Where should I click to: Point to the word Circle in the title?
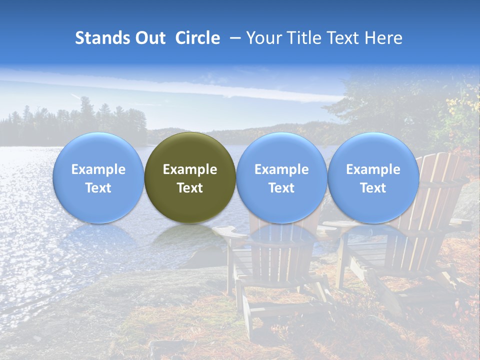[197, 38]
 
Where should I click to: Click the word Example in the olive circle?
[190, 169]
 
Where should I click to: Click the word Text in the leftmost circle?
[98, 188]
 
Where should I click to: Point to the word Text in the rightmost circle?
[373, 188]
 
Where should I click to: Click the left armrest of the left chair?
[229, 232]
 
